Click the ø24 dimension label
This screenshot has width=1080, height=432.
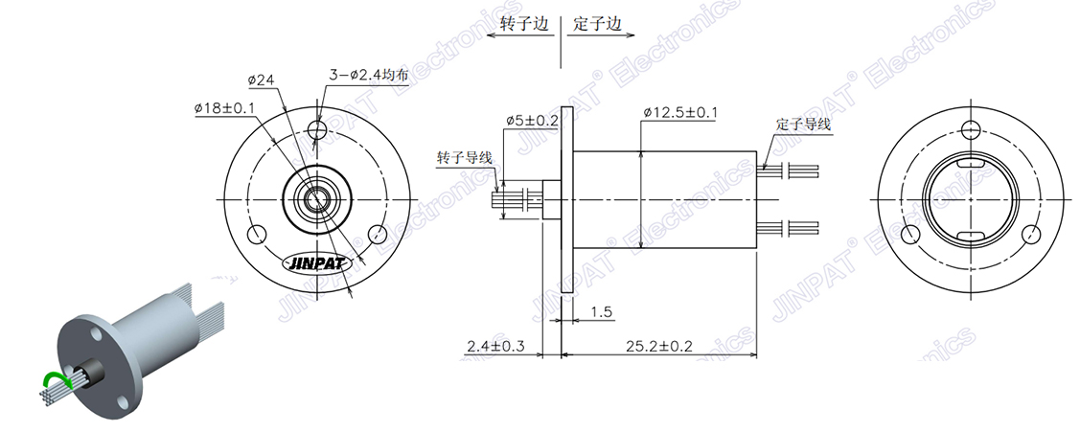coord(263,80)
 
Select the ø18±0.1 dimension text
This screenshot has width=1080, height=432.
coord(224,108)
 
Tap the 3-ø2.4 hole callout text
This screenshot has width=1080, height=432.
coord(369,74)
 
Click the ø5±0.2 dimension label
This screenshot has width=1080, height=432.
coord(532,120)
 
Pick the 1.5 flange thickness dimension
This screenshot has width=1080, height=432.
coord(603,311)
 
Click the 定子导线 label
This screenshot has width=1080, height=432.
coord(803,125)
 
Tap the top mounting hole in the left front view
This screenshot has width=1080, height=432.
coord(317,129)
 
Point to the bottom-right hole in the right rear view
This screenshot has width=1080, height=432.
coord(1031,234)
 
